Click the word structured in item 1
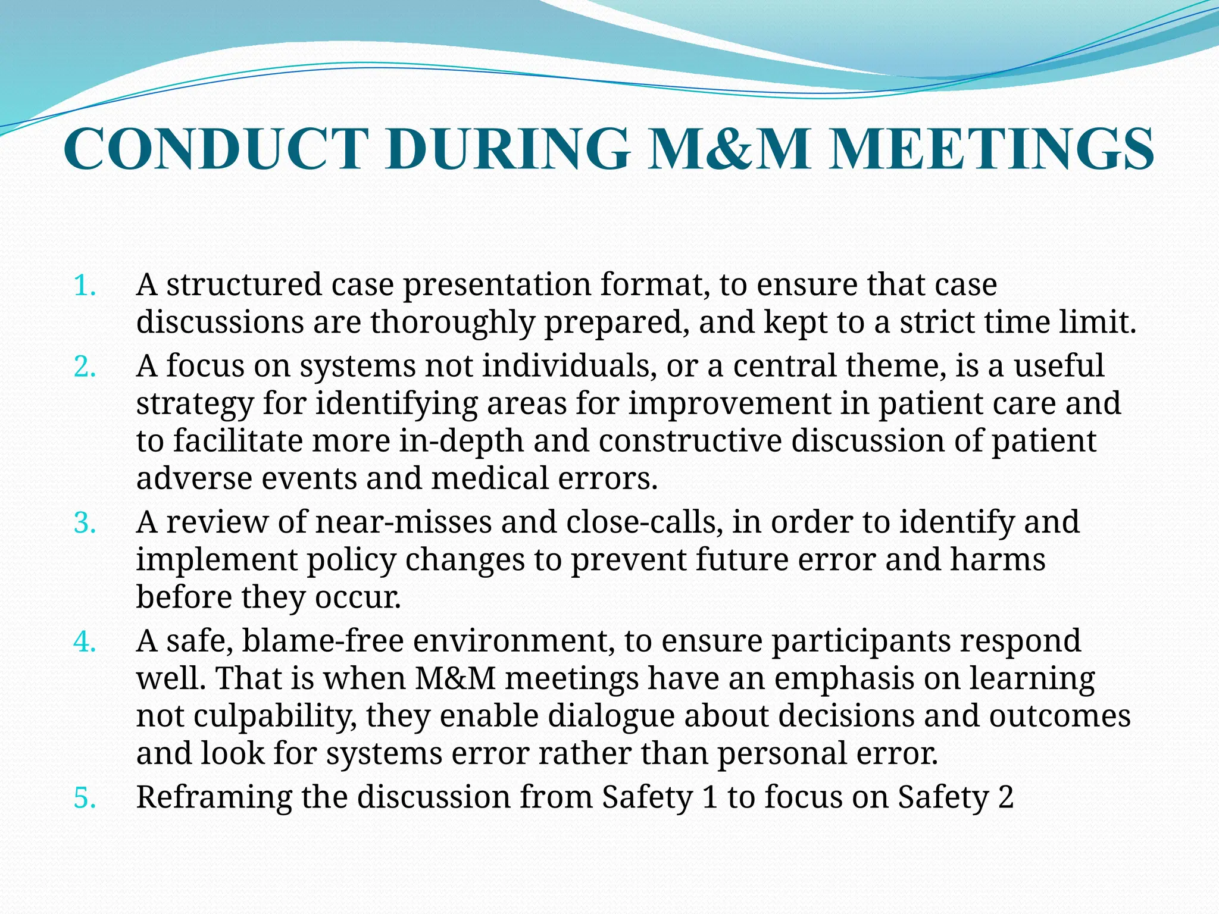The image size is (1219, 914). (243, 285)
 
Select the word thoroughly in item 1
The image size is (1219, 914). (452, 323)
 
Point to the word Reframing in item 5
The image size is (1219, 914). (214, 798)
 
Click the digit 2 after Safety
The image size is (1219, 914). (1005, 798)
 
